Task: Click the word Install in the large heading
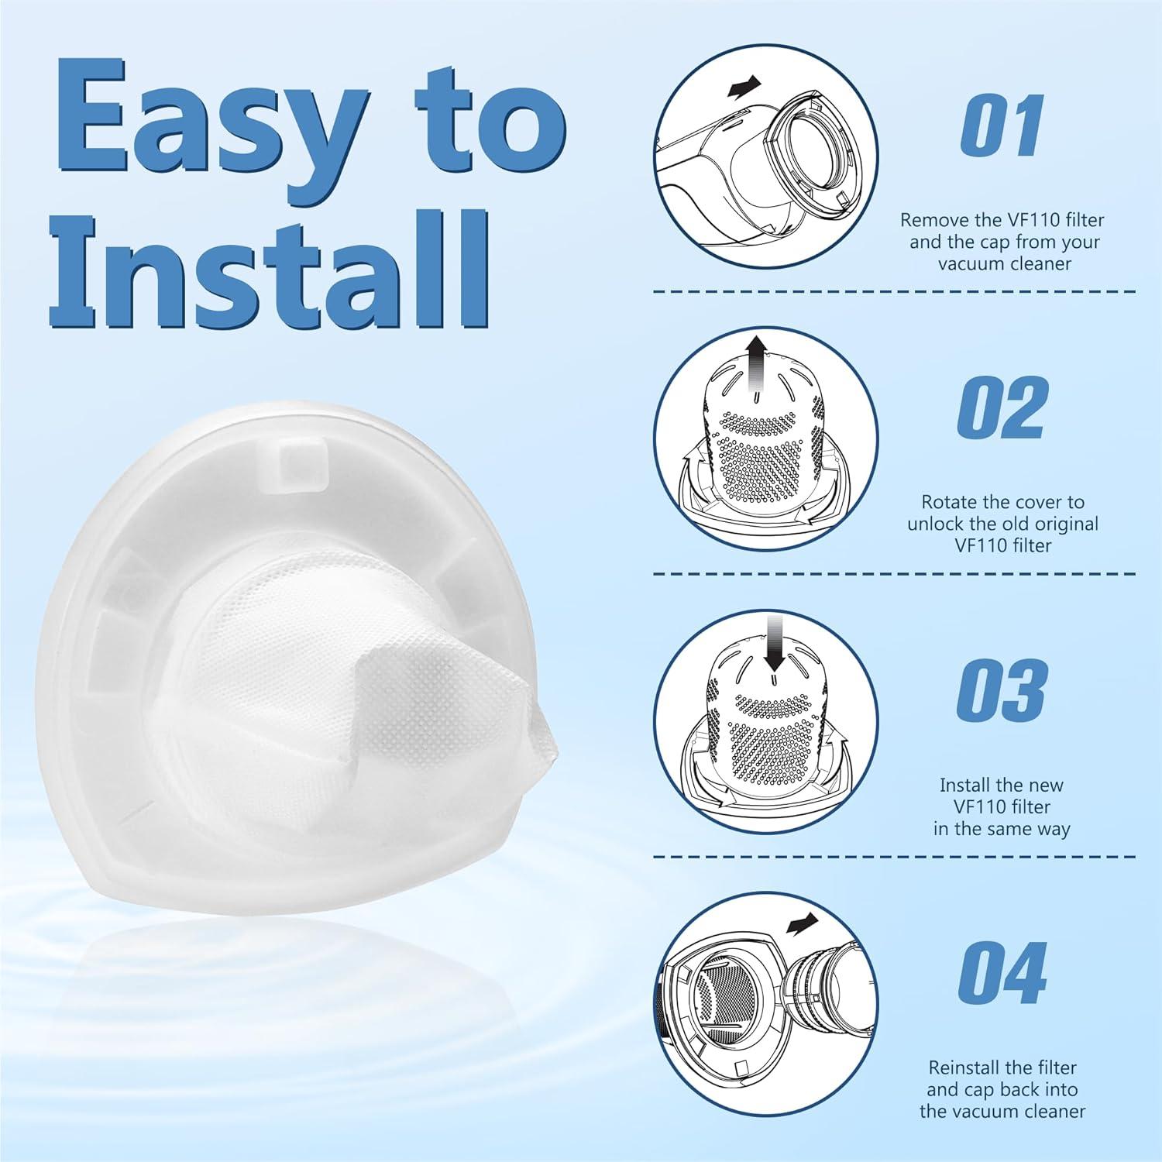point(270,266)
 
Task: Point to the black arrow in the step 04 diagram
point(802,923)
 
